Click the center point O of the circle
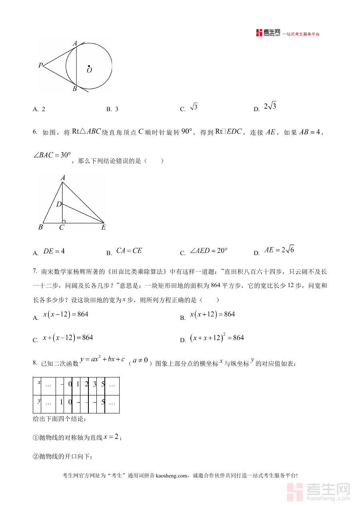[89, 66]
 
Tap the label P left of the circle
[40, 65]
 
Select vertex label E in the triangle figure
[103, 228]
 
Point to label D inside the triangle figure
[58, 204]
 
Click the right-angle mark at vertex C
[64, 221]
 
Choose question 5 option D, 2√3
[270, 107]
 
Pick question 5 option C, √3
[194, 107]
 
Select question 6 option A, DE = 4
[54, 252]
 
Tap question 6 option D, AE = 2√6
[279, 250]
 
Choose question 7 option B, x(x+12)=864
[212, 315]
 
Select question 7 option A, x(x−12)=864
[66, 315]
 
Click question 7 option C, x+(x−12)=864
[68, 338]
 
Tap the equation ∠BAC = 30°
[52, 155]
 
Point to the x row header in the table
[39, 383]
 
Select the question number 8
[35, 363]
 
